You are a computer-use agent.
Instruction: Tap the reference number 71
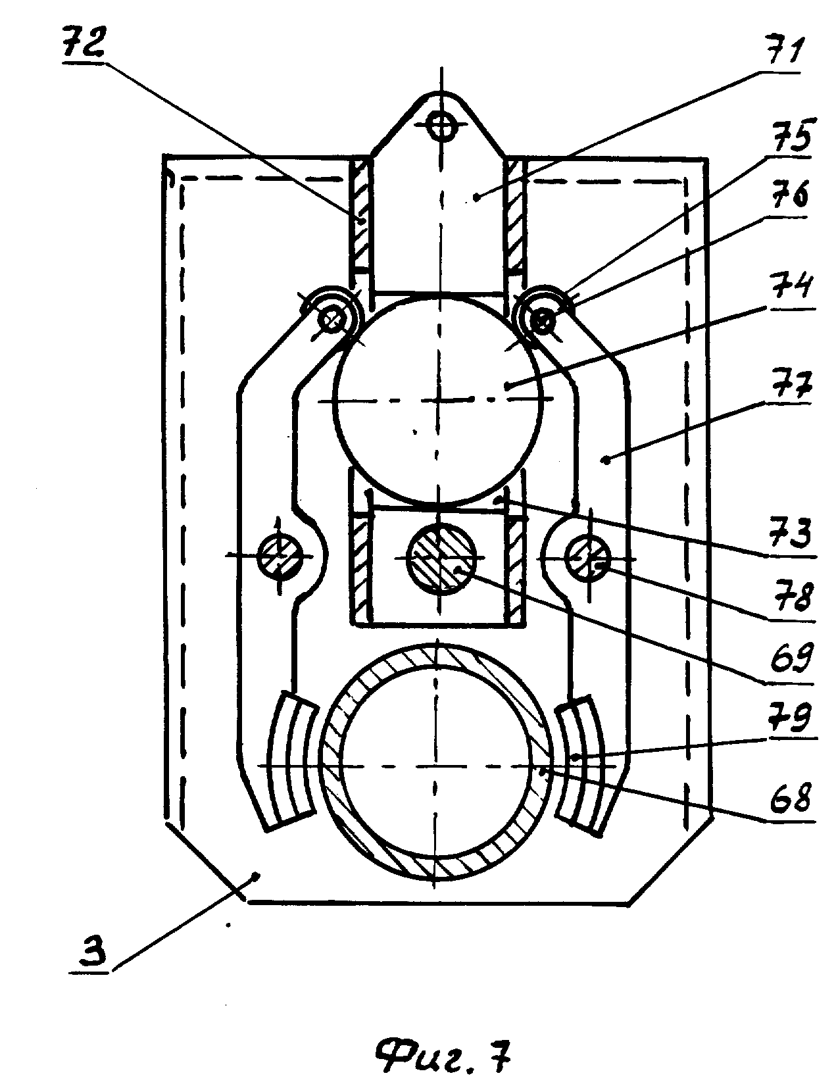pyautogui.click(x=780, y=55)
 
